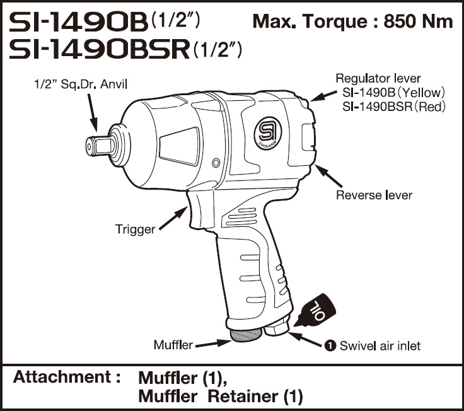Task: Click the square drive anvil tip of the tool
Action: coord(93,144)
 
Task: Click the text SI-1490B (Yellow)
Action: coord(394,93)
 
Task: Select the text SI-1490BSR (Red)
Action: coord(394,107)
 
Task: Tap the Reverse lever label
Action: coord(374,195)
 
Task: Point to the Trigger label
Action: coord(135,229)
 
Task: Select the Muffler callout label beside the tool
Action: coord(173,345)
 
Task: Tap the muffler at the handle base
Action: coord(245,335)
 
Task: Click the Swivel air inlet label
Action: coord(380,345)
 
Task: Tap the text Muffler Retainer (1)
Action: coord(220,397)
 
